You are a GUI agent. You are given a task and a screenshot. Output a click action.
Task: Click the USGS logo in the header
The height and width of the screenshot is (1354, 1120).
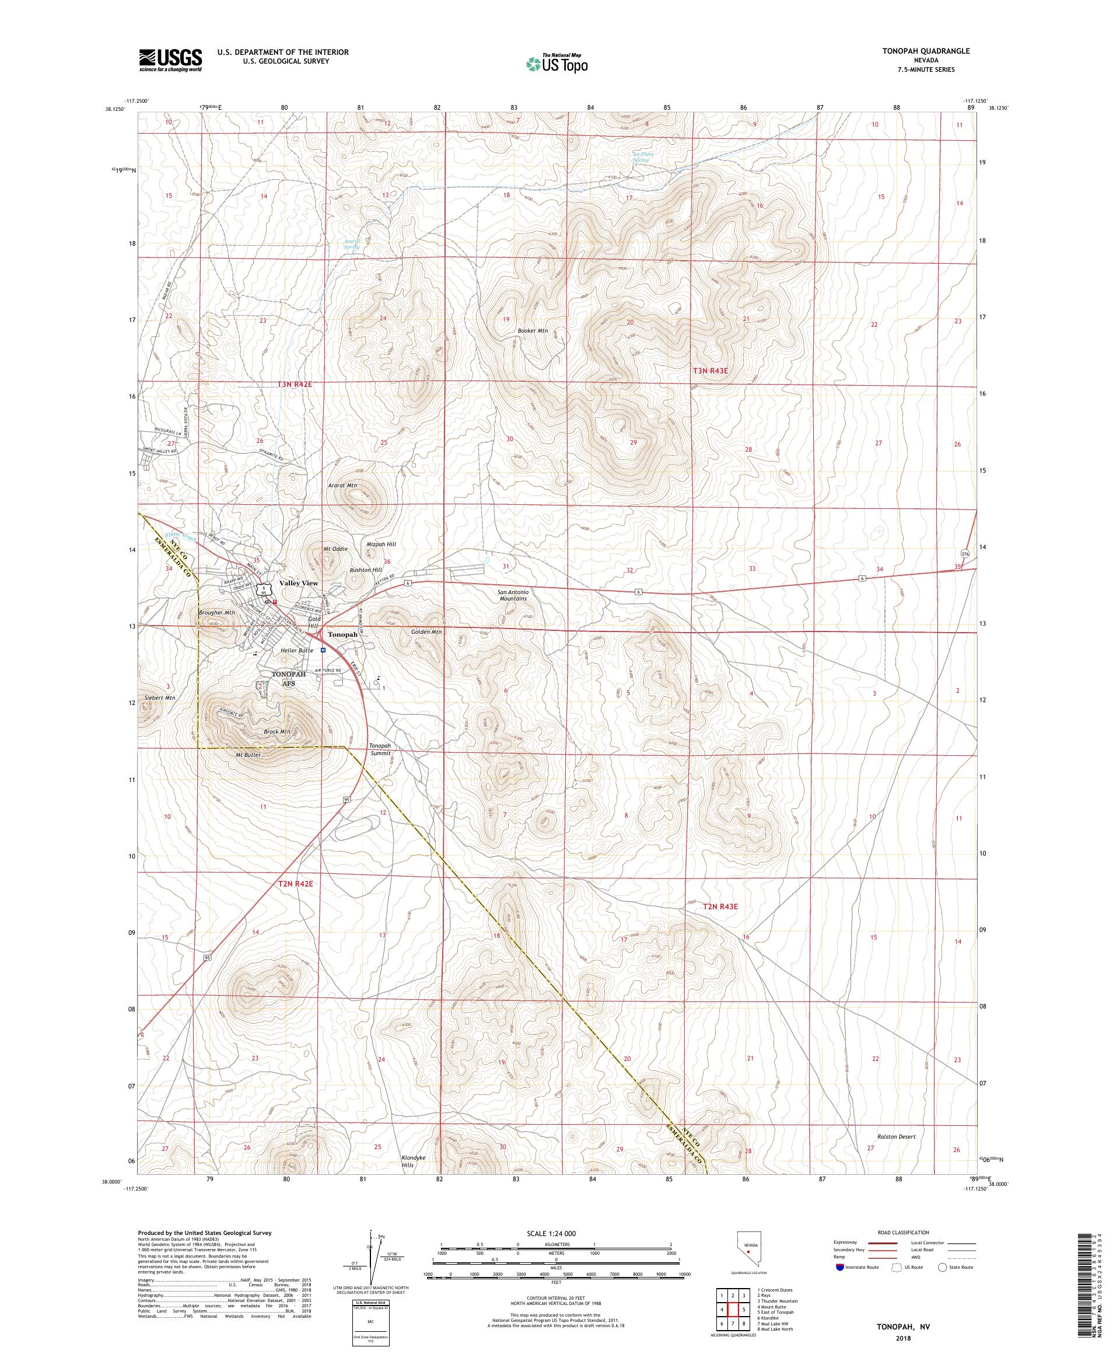(x=170, y=60)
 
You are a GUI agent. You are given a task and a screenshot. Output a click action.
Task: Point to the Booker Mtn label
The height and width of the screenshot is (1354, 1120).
(x=532, y=331)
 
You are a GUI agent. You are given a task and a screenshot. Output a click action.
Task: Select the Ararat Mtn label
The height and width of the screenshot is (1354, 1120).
(x=343, y=486)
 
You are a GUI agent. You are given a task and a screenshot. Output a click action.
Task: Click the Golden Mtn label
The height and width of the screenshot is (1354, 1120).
(x=426, y=632)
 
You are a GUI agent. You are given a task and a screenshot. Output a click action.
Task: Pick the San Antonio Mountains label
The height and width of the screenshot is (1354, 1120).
(x=513, y=595)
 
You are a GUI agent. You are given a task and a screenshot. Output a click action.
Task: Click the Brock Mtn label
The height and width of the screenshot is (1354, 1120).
(x=277, y=732)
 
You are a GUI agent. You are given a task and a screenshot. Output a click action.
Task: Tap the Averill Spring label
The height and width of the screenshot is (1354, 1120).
(x=352, y=245)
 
